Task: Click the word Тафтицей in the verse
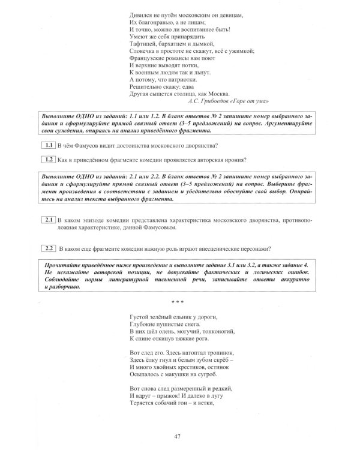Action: [145, 43]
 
